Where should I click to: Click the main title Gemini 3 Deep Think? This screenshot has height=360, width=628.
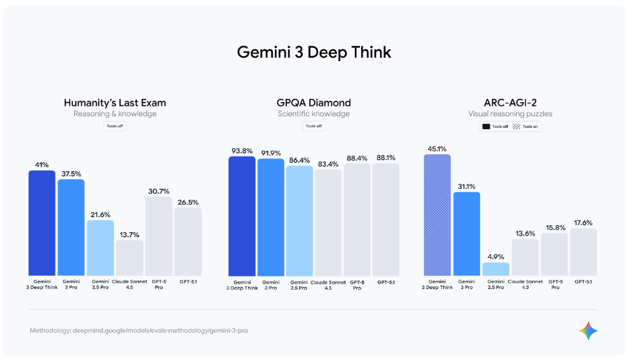pyautogui.click(x=313, y=52)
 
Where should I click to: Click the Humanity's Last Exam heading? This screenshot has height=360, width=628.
pyautogui.click(x=115, y=103)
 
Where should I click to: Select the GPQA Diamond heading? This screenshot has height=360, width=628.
pyautogui.click(x=313, y=103)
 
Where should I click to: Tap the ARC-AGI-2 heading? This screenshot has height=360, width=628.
pyautogui.click(x=510, y=103)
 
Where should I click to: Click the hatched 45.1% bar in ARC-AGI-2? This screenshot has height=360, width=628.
pyautogui.click(x=437, y=215)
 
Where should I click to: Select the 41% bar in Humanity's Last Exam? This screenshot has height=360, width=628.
pyautogui.click(x=42, y=222)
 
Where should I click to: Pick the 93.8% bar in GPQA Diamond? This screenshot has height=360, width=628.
pyautogui.click(x=242, y=215)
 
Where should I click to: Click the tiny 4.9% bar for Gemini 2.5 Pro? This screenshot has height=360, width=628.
pyautogui.click(x=495, y=269)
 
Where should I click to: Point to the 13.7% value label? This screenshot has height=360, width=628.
pyautogui.click(x=129, y=234)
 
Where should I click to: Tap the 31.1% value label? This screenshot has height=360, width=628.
pyautogui.click(x=466, y=186)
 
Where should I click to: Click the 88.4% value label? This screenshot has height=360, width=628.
pyautogui.click(x=357, y=158)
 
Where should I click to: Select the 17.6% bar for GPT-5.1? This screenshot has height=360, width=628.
pyautogui.click(x=583, y=252)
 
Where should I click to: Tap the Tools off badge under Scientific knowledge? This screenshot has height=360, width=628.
pyautogui.click(x=313, y=126)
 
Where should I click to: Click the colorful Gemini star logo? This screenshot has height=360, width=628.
pyautogui.click(x=588, y=331)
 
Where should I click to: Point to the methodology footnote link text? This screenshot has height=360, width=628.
pyautogui.click(x=139, y=330)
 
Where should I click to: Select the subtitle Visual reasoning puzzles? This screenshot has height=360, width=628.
pyautogui.click(x=510, y=114)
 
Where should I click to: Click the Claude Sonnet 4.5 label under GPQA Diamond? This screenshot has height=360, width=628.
pyautogui.click(x=329, y=284)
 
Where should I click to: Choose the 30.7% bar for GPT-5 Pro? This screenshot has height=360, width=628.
pyautogui.click(x=158, y=236)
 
